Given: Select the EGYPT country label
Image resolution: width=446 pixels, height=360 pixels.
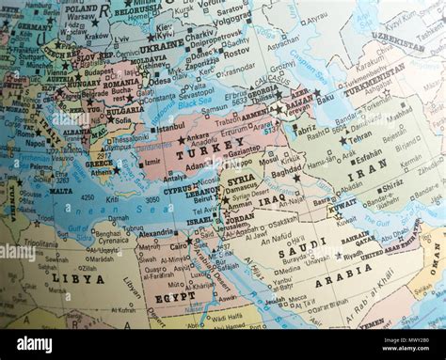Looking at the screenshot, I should (x=174, y=297).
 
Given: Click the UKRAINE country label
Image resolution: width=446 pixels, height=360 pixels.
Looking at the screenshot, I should (x=162, y=44).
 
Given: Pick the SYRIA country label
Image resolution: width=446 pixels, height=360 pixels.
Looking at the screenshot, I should (x=241, y=180).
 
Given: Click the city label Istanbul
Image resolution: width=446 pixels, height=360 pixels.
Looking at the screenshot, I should (x=170, y=126).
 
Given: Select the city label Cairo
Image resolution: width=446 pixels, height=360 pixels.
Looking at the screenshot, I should (x=177, y=245).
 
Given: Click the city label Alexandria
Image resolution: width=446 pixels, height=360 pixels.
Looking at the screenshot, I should (x=155, y=233).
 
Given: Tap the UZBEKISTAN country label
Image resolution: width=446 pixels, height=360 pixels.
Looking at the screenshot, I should (x=397, y=42).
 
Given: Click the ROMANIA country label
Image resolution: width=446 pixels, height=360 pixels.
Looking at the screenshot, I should (x=121, y=84).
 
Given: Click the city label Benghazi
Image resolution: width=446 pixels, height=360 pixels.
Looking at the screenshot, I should (x=106, y=230).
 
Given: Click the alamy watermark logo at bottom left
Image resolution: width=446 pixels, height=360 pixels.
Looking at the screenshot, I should (x=34, y=344).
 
